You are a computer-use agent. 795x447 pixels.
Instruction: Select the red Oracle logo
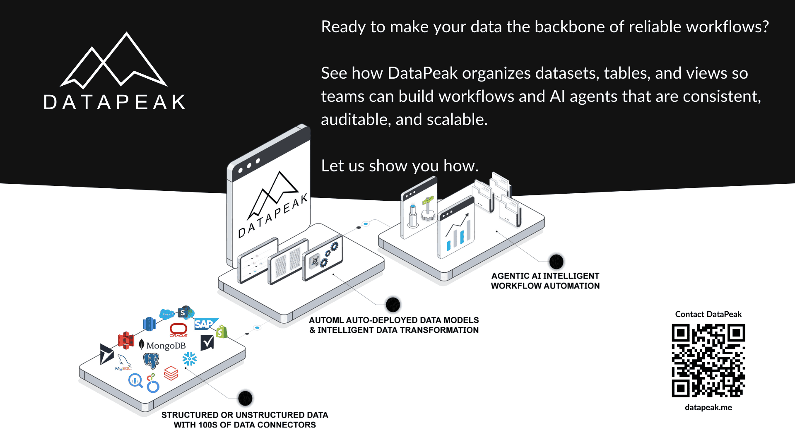178,329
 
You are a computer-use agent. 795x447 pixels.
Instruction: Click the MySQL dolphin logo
124,362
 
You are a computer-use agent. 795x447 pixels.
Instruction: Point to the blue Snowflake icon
190,359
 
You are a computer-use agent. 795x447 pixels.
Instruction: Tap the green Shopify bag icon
222,332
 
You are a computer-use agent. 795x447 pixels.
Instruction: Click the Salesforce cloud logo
167,314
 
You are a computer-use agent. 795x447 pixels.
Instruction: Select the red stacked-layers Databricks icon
171,373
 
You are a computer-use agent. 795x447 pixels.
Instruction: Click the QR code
708,360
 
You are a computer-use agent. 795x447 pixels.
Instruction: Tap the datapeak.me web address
708,407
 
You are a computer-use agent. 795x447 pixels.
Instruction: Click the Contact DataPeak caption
708,314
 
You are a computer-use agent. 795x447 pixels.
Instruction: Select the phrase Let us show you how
400,166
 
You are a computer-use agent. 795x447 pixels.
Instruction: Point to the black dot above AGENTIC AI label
556,262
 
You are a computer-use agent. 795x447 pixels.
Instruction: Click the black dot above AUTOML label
393,305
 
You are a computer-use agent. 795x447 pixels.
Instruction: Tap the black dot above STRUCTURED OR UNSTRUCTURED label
245,398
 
